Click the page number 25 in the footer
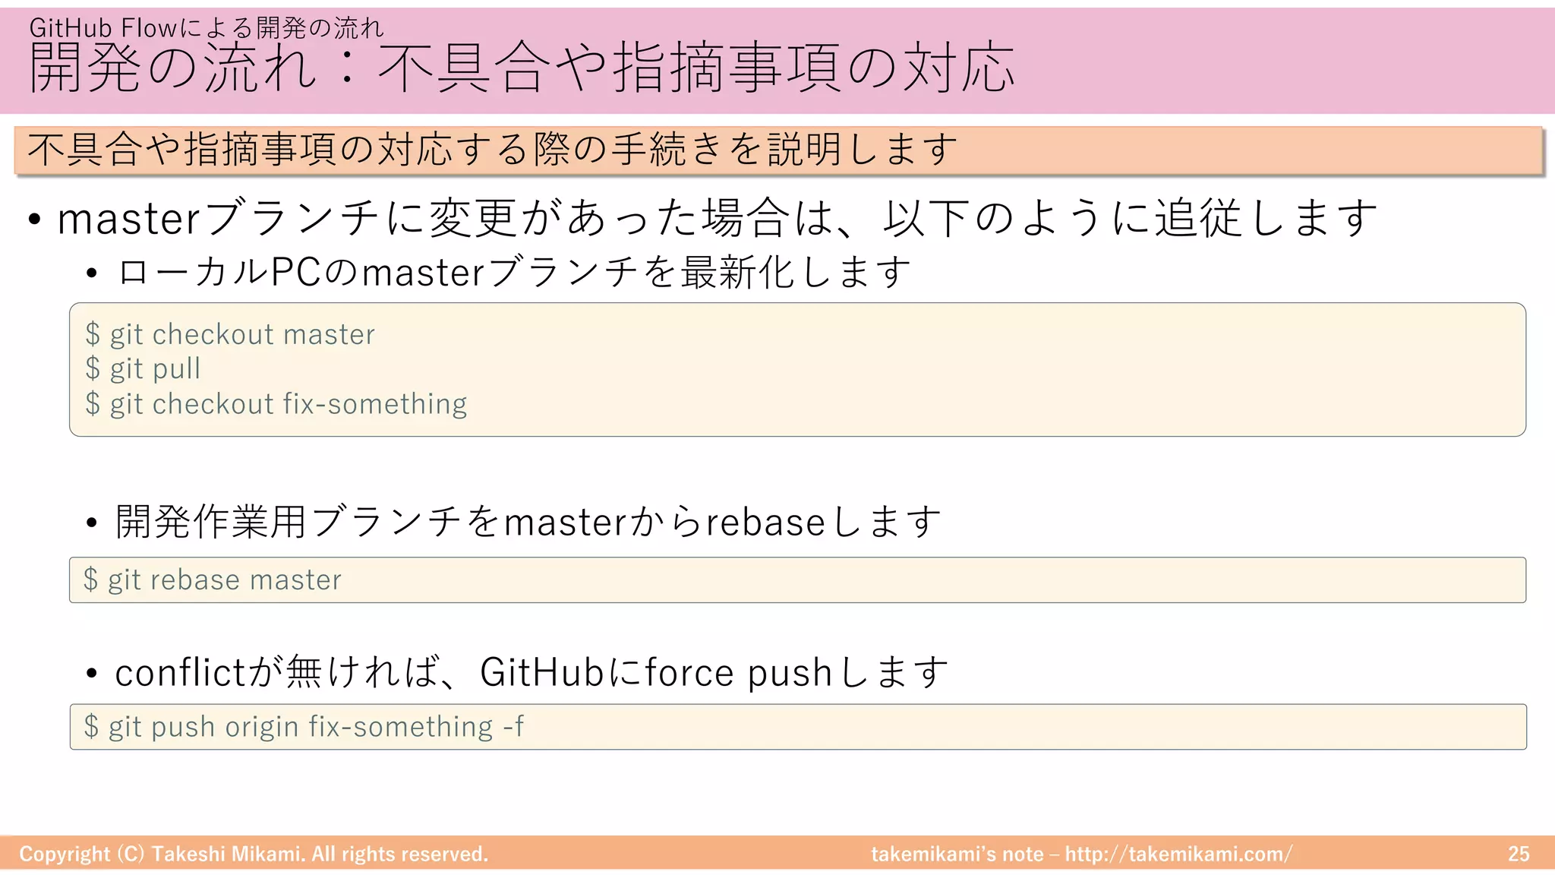point(1519,854)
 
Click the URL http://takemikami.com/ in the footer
point(1178,854)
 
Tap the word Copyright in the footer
point(65,854)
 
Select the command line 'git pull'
point(155,369)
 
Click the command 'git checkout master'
point(242,335)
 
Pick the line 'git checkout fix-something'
point(288,404)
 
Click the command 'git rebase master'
point(224,580)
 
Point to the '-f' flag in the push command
point(513,727)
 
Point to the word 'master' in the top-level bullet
point(128,220)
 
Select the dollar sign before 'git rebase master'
point(90,580)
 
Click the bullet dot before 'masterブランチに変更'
point(34,220)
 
